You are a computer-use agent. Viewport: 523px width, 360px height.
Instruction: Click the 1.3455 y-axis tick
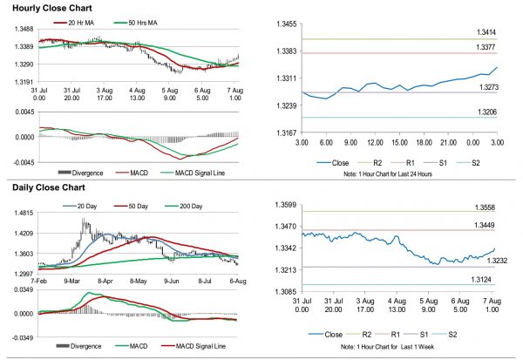click(x=285, y=24)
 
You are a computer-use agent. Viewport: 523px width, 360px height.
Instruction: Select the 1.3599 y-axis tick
click(x=285, y=206)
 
